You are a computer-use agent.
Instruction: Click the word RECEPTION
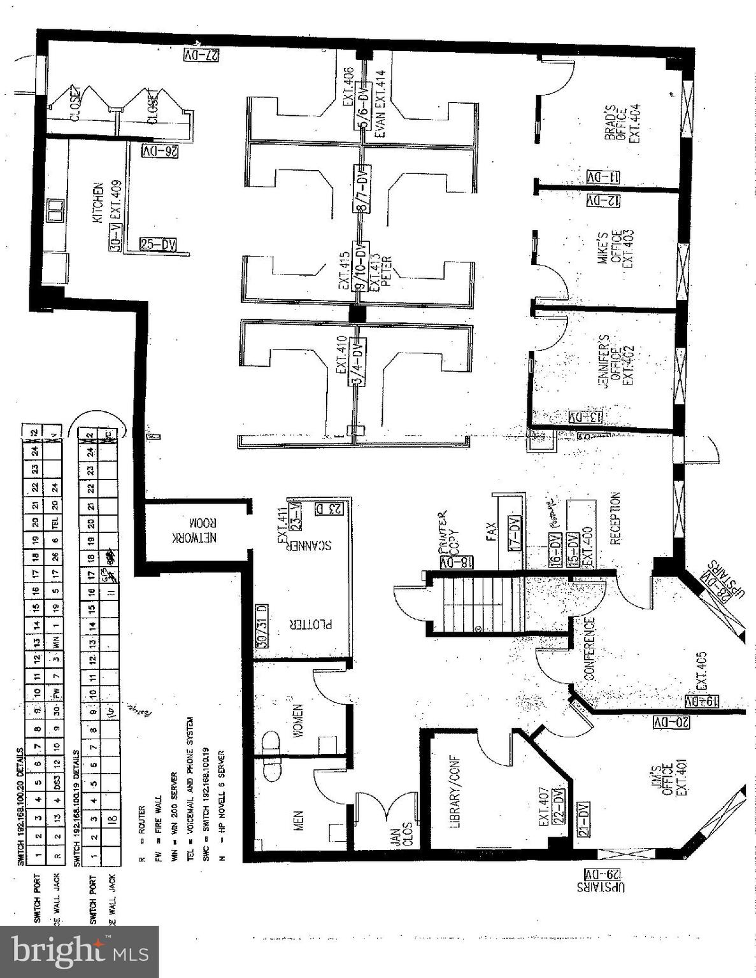tap(615, 518)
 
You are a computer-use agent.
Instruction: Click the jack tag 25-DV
tap(157, 244)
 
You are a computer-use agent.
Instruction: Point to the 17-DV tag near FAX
tap(514, 532)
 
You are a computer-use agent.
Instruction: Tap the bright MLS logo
tap(80, 951)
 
